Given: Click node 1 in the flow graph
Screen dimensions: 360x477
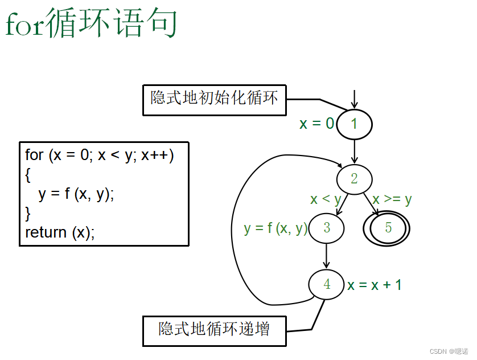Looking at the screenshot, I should pyautogui.click(x=354, y=124).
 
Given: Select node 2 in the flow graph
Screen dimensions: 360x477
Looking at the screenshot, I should pyautogui.click(x=354, y=179).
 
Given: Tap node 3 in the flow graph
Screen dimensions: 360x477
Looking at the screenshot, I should pyautogui.click(x=326, y=228).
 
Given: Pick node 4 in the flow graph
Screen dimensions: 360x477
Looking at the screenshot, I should pyautogui.click(x=327, y=284).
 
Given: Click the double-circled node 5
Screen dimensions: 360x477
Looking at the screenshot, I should pyautogui.click(x=387, y=228).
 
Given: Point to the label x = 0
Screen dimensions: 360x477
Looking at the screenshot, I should pyautogui.click(x=317, y=124).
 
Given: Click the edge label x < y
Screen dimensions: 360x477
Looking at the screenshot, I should pyautogui.click(x=325, y=199).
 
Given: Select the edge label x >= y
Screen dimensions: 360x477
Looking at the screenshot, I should pyautogui.click(x=392, y=199).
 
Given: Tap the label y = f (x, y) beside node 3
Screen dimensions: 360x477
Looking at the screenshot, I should pyautogui.click(x=275, y=228).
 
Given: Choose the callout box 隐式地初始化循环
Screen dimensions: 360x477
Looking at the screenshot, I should pyautogui.click(x=214, y=99).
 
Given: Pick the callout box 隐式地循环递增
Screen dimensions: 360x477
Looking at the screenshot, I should pyautogui.click(x=214, y=330).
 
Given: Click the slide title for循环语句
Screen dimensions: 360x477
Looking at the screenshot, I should pyautogui.click(x=91, y=24).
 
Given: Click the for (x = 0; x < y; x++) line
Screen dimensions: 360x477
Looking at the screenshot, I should pyautogui.click(x=100, y=156).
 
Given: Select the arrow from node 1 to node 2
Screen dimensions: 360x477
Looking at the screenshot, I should pyautogui.click(x=354, y=151).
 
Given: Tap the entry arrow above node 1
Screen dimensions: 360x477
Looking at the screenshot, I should pyautogui.click(x=354, y=99).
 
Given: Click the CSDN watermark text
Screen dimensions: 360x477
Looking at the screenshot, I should pyautogui.click(x=449, y=351).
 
